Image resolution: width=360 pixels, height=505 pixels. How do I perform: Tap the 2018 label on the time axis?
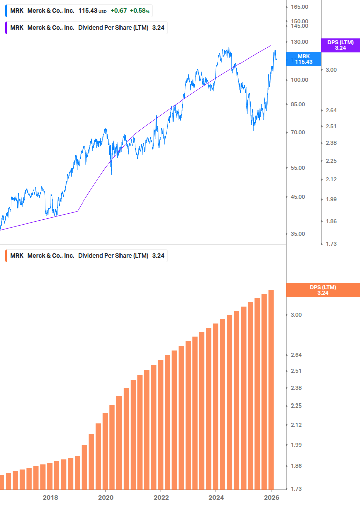pyautogui.click(x=50, y=497)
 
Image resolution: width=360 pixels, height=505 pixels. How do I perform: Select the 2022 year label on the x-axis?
pyautogui.click(x=161, y=497)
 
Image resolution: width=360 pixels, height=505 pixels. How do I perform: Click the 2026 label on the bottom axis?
pyautogui.click(x=271, y=497)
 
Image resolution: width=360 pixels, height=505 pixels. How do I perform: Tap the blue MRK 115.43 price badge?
pyautogui.click(x=305, y=59)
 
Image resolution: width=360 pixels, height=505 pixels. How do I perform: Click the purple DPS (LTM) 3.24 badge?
pyautogui.click(x=340, y=45)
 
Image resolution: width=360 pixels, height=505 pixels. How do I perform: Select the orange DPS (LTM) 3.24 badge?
pyautogui.click(x=322, y=290)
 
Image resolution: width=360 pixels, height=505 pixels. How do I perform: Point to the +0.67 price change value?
pyautogui.click(x=118, y=10)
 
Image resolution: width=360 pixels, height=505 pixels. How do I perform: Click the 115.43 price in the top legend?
pyautogui.click(x=88, y=10)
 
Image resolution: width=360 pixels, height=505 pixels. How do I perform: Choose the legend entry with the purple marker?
pyautogui.click(x=85, y=28)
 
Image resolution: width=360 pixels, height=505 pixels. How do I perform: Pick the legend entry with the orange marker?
pyautogui.click(x=85, y=256)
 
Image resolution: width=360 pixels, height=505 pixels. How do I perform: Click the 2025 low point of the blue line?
pyautogui.click(x=254, y=130)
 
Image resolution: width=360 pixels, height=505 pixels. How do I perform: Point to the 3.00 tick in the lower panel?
pyautogui.click(x=296, y=315)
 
